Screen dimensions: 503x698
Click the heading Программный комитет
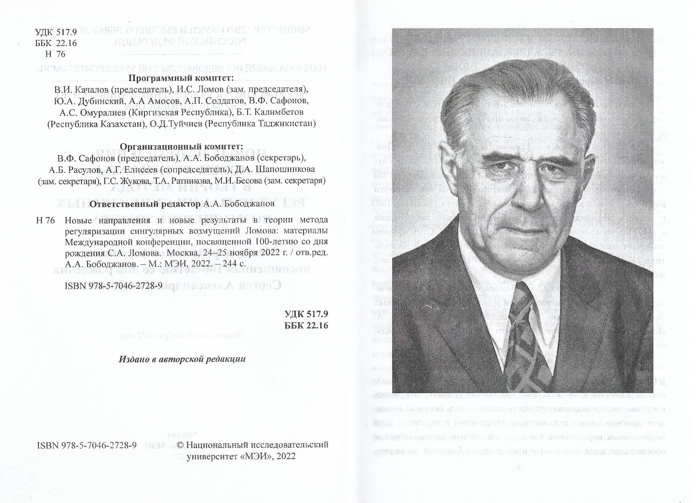point(181,78)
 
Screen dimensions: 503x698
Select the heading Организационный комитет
point(181,147)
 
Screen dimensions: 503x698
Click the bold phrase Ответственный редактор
point(145,204)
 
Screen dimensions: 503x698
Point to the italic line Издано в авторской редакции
point(182,359)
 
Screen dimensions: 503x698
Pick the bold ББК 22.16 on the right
point(306,325)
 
